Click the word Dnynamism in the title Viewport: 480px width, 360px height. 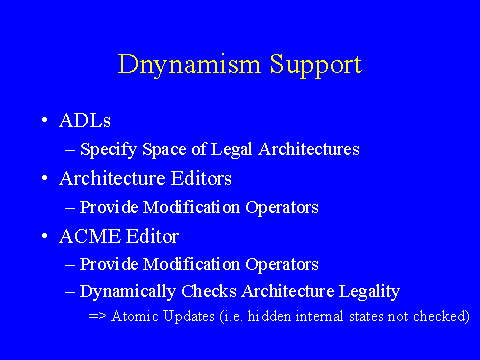(x=189, y=65)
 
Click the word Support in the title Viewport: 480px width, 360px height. (x=316, y=66)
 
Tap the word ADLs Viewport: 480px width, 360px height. (x=85, y=120)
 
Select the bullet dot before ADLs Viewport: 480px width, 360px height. (x=45, y=120)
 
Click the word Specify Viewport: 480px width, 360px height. (x=108, y=150)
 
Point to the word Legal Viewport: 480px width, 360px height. (x=231, y=150)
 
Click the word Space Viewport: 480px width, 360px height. (x=164, y=150)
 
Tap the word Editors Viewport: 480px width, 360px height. (x=201, y=178)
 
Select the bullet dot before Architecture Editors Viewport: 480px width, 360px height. (x=45, y=178)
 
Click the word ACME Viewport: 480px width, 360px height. (x=90, y=236)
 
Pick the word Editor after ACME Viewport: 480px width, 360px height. (x=153, y=236)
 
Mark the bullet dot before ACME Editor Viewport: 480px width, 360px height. (x=45, y=236)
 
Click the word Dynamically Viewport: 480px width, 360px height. (x=128, y=292)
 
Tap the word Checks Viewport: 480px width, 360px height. (x=209, y=291)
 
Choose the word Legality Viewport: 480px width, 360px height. (x=369, y=292)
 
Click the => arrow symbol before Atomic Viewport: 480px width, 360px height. (x=97, y=316)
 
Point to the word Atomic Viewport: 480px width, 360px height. (x=135, y=316)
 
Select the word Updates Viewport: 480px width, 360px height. (x=189, y=317)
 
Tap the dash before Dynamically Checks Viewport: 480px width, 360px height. (x=70, y=292)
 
